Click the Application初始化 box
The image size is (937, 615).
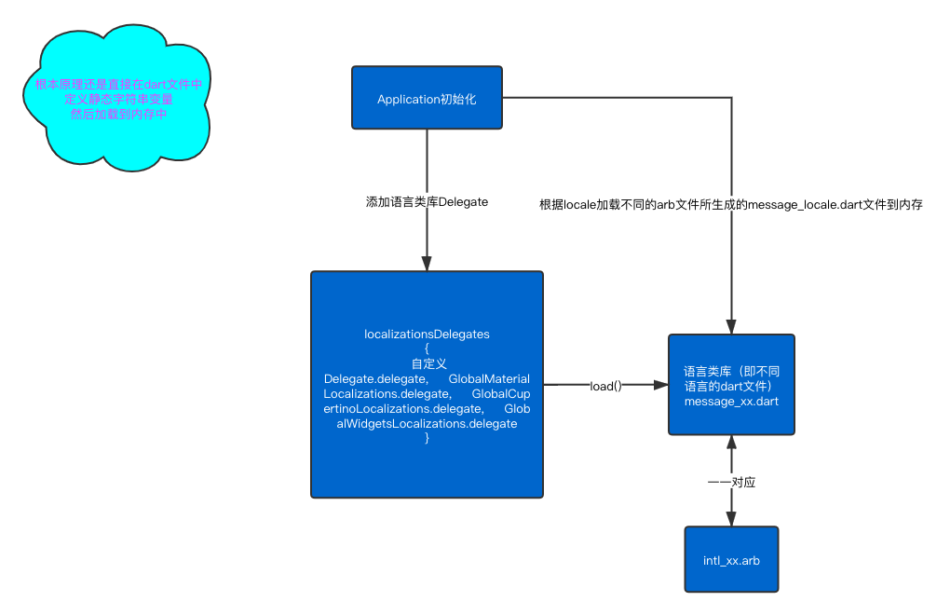(427, 98)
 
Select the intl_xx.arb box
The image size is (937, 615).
(731, 560)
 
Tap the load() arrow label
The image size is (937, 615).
(605, 385)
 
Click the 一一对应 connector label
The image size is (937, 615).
(731, 482)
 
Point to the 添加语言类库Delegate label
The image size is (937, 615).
(427, 200)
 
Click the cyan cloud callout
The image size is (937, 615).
(116, 98)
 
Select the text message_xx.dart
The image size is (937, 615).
(731, 402)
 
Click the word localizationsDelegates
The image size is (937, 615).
(427, 334)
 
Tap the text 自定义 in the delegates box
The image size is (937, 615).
(427, 363)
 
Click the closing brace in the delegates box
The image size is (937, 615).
(427, 438)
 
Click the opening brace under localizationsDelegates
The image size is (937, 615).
(427, 348)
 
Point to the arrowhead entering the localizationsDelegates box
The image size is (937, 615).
(427, 264)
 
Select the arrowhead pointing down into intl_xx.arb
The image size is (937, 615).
(731, 519)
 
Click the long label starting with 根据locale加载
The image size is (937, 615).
(731, 204)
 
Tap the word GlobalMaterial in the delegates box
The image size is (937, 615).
(489, 379)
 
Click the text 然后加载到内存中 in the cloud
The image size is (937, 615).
(118, 114)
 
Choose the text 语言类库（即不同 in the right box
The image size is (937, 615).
(731, 371)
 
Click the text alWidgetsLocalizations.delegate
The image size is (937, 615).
(427, 424)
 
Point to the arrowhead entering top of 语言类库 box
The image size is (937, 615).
(731, 327)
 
